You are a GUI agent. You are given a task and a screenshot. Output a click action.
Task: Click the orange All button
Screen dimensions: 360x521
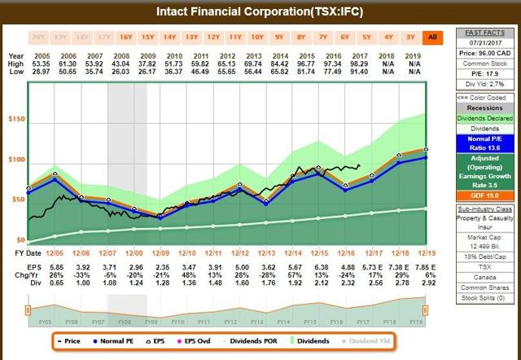431,37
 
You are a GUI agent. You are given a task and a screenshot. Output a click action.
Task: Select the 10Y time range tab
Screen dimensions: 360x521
256,37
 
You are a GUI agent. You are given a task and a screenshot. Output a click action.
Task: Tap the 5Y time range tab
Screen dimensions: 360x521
366,37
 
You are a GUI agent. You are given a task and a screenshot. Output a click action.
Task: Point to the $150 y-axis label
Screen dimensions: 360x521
16,120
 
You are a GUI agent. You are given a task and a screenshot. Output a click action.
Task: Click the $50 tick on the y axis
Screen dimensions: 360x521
16,200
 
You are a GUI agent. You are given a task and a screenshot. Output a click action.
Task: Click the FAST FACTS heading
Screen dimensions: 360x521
484,31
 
